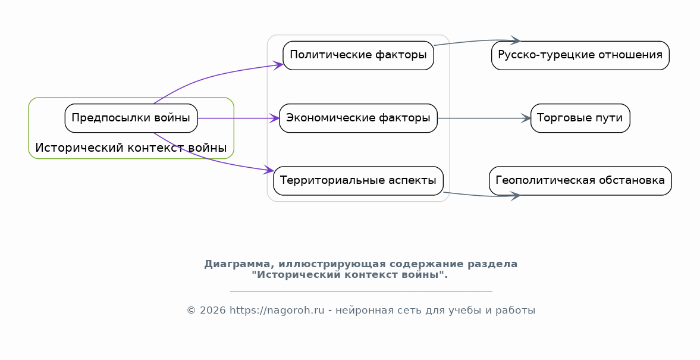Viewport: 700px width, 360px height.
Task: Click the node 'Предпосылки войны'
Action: (x=131, y=118)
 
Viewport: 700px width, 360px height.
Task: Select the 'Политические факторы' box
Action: (x=359, y=55)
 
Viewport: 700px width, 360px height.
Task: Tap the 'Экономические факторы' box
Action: (x=359, y=118)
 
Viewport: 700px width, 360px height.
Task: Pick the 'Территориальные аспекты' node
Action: (x=359, y=181)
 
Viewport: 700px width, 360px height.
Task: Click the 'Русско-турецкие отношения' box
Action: (x=580, y=55)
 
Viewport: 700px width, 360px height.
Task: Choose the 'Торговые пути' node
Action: (x=580, y=118)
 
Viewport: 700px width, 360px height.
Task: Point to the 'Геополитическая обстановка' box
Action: (x=580, y=181)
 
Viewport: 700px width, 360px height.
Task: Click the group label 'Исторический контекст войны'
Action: (x=131, y=148)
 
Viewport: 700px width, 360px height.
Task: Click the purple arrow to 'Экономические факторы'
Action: (x=238, y=118)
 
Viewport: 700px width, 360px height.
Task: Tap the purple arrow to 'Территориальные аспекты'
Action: (x=210, y=159)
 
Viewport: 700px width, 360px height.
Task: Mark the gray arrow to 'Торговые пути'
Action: (x=484, y=118)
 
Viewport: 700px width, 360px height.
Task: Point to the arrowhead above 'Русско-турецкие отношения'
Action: (x=515, y=40)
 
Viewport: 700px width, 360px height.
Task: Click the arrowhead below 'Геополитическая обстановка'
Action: (x=515, y=196)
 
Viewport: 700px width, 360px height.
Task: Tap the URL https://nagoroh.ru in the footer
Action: (x=277, y=311)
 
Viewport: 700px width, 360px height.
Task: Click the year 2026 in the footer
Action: (x=212, y=311)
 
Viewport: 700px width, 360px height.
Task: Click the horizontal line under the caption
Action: (x=361, y=292)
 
